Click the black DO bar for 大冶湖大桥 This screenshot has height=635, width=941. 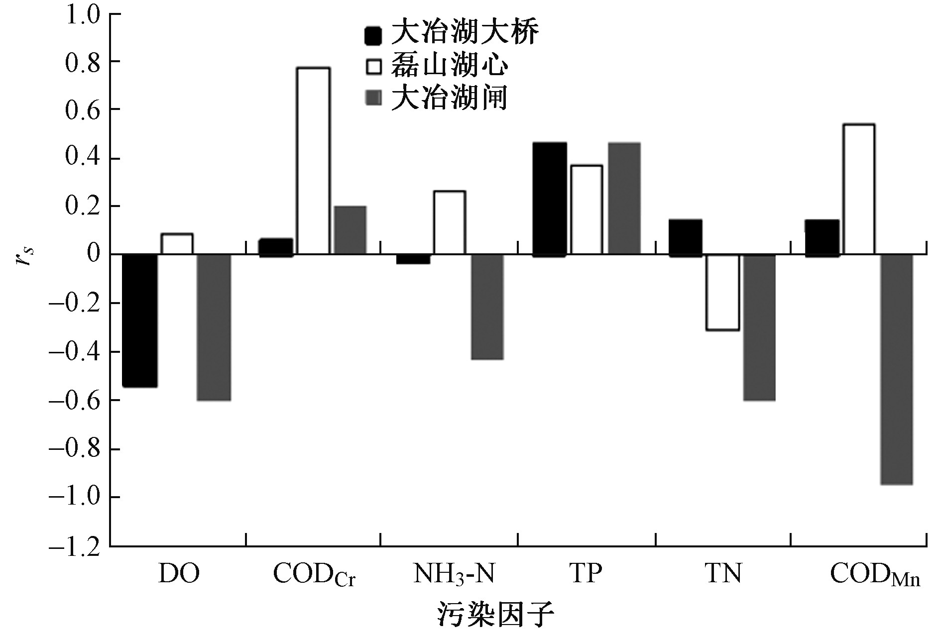coord(140,320)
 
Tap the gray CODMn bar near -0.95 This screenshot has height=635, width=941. coord(896,369)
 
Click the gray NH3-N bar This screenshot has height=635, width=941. coord(487,307)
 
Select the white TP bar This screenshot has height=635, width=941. coord(587,210)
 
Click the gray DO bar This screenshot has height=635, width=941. coord(214,327)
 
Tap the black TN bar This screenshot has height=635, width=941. coord(685,237)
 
